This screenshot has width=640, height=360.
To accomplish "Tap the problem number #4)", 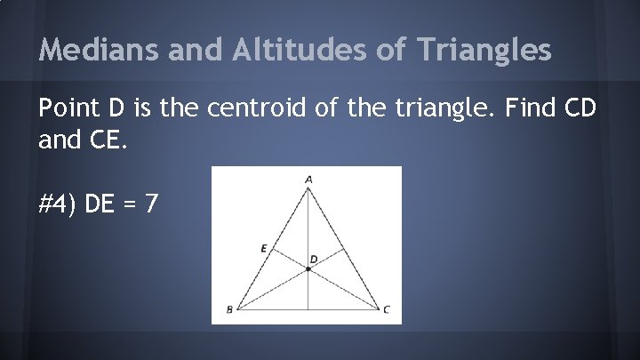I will click(60, 204).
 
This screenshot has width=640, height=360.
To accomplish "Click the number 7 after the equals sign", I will click(152, 204).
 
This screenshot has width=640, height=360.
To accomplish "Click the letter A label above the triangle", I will click(308, 179).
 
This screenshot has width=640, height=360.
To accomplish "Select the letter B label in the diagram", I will click(229, 310).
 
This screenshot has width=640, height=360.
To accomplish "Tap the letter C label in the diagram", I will click(386, 310).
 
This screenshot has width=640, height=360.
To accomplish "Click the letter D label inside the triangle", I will click(313, 259).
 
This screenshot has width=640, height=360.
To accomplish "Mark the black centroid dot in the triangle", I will click(308, 268).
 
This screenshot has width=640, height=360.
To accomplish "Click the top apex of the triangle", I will click(308, 188).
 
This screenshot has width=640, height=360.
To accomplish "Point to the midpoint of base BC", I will click(308, 309).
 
